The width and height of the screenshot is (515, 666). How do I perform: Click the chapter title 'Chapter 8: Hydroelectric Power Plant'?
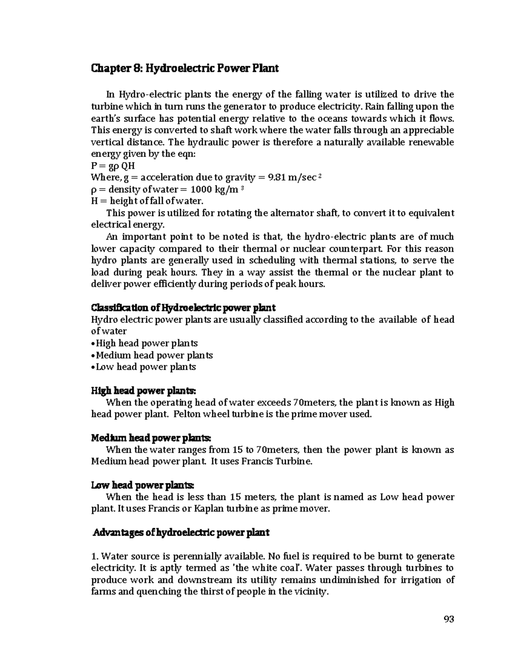[x=185, y=68]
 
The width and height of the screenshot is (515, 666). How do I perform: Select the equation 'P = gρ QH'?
[x=113, y=166]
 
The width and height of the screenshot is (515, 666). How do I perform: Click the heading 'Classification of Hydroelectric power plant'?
[x=183, y=307]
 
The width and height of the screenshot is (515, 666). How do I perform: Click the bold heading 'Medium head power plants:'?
[x=151, y=438]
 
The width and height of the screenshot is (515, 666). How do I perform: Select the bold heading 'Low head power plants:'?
[x=143, y=485]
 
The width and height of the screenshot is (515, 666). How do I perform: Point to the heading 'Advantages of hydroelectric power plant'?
[x=181, y=533]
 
